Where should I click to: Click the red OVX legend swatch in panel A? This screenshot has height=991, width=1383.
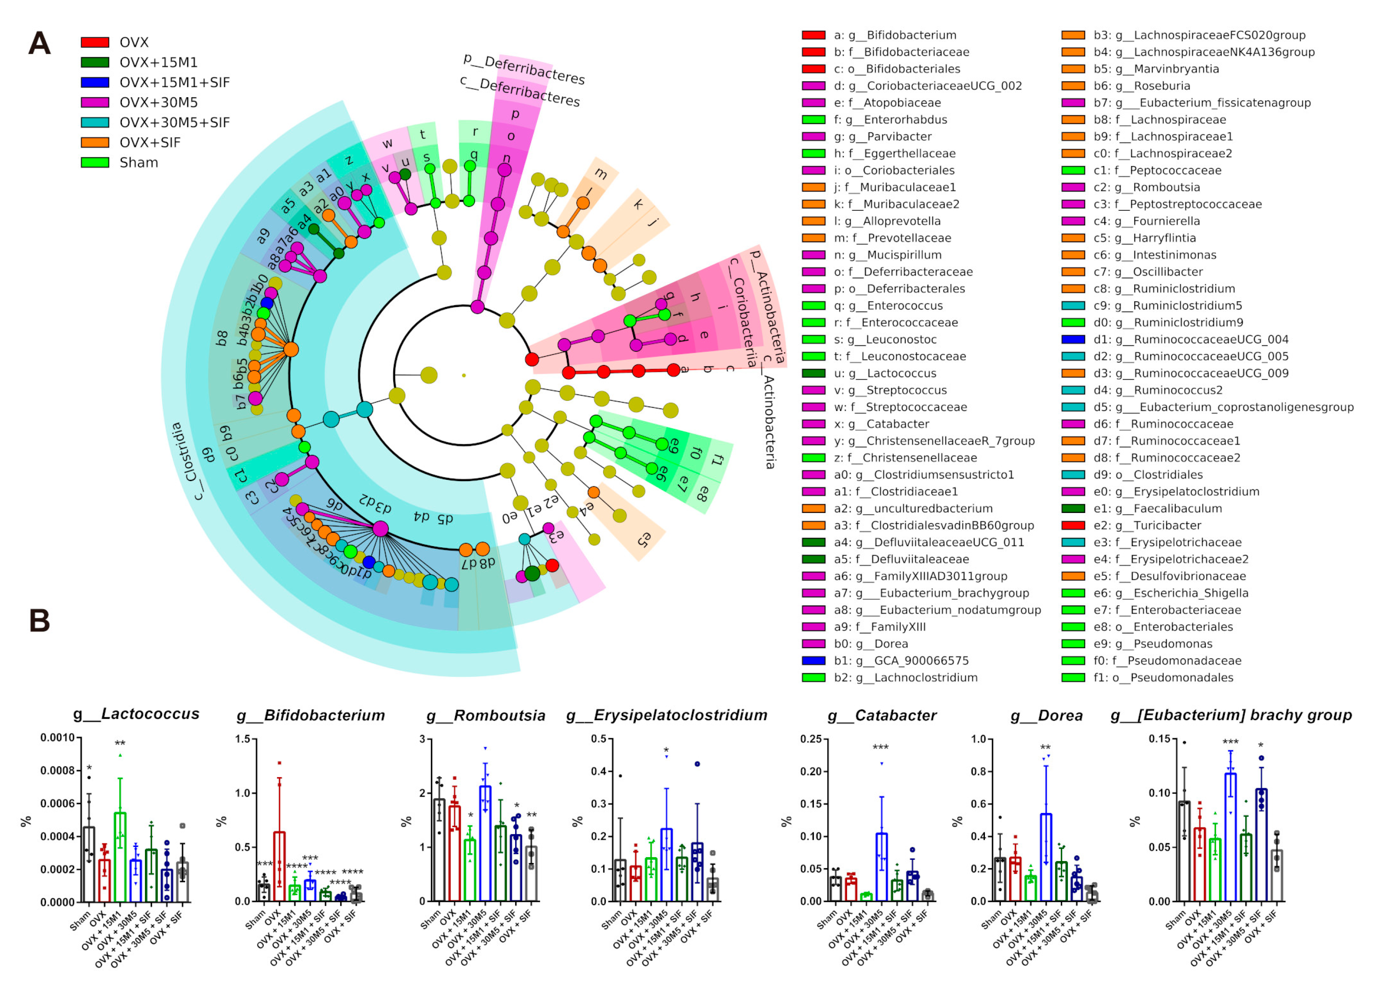click(95, 42)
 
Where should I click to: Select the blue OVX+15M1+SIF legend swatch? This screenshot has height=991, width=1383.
click(95, 82)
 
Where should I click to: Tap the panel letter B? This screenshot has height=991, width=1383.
click(40, 621)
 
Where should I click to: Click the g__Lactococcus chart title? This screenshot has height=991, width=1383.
click(136, 714)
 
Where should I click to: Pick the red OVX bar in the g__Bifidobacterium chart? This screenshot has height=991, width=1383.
click(279, 866)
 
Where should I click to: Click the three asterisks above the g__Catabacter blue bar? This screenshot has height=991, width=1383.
click(881, 748)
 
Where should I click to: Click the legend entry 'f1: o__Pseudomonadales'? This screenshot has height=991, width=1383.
click(1163, 678)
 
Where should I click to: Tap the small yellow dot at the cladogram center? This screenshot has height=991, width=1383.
click(464, 375)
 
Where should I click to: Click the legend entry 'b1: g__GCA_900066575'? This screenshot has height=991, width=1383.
click(900, 661)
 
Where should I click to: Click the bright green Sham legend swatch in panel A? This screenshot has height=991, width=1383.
click(95, 162)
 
